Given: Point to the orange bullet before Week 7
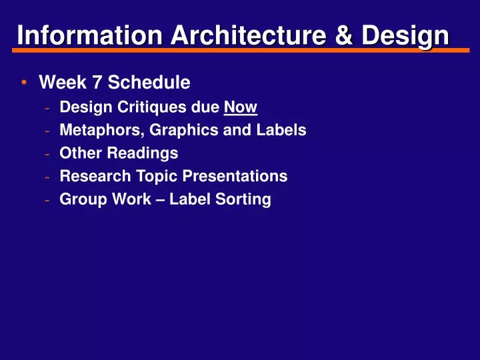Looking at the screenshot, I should [24, 83].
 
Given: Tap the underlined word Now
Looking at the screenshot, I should [241, 107].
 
